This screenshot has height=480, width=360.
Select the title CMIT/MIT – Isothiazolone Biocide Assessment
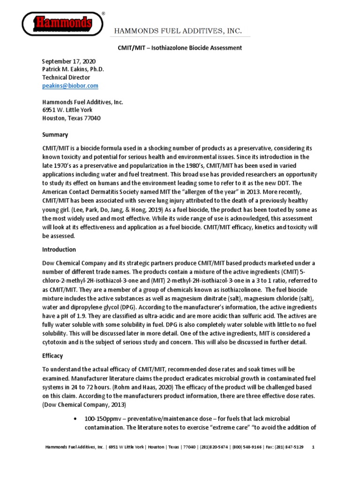click(x=180, y=48)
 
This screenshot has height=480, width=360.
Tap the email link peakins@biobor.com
click(x=70, y=86)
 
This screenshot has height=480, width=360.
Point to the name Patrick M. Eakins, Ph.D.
click(x=73, y=69)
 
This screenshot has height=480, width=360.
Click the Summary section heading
click(x=55, y=135)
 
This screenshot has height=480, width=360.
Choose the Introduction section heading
click(x=59, y=249)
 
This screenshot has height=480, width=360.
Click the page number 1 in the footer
click(x=313, y=447)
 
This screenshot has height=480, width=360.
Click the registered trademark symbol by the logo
click(x=103, y=14)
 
